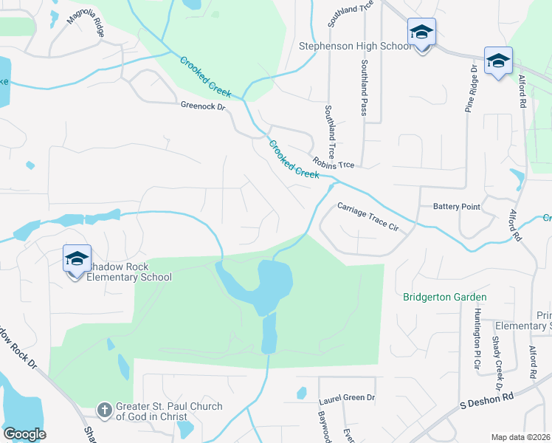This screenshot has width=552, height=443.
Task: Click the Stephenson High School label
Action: point(355,47)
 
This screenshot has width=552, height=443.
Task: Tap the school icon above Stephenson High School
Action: point(421,32)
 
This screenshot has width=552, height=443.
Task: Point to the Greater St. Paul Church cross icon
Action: point(106,409)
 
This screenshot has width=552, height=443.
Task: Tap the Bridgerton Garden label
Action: point(445,297)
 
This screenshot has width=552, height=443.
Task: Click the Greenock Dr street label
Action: point(201,106)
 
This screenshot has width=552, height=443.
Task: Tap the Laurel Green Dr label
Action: point(347,398)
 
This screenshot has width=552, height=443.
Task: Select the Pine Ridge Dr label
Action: point(469,89)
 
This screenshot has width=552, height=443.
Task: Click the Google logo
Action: point(24,434)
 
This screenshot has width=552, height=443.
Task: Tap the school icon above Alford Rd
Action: point(498,61)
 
